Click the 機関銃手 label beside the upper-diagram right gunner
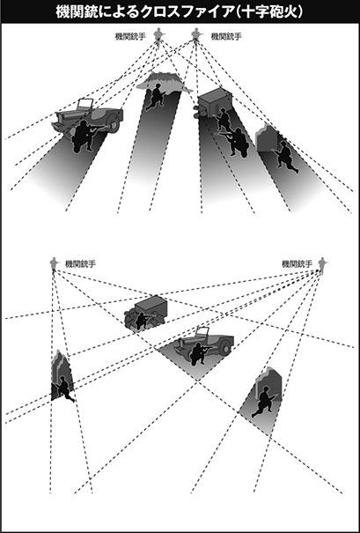pyautogui.click(x=226, y=36)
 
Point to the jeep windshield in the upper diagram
pyautogui.click(x=85, y=104)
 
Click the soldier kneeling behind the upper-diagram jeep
pyautogui.click(x=84, y=135)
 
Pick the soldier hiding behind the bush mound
pyautogui.click(x=156, y=96)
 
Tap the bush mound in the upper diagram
pyautogui.click(x=164, y=82)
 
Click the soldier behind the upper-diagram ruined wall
pyautogui.click(x=286, y=157)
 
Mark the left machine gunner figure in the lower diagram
pyautogui.click(x=54, y=263)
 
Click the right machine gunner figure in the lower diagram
pyautogui.click(x=321, y=264)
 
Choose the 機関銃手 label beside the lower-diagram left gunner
pyautogui.click(x=80, y=263)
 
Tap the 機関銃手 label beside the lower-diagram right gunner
pyautogui.click(x=297, y=263)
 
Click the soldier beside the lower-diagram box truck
pyautogui.click(x=143, y=321)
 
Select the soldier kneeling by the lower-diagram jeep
pyautogui.click(x=200, y=353)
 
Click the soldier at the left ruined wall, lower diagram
pyautogui.click(x=64, y=389)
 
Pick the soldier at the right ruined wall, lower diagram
pyautogui.click(x=264, y=402)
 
